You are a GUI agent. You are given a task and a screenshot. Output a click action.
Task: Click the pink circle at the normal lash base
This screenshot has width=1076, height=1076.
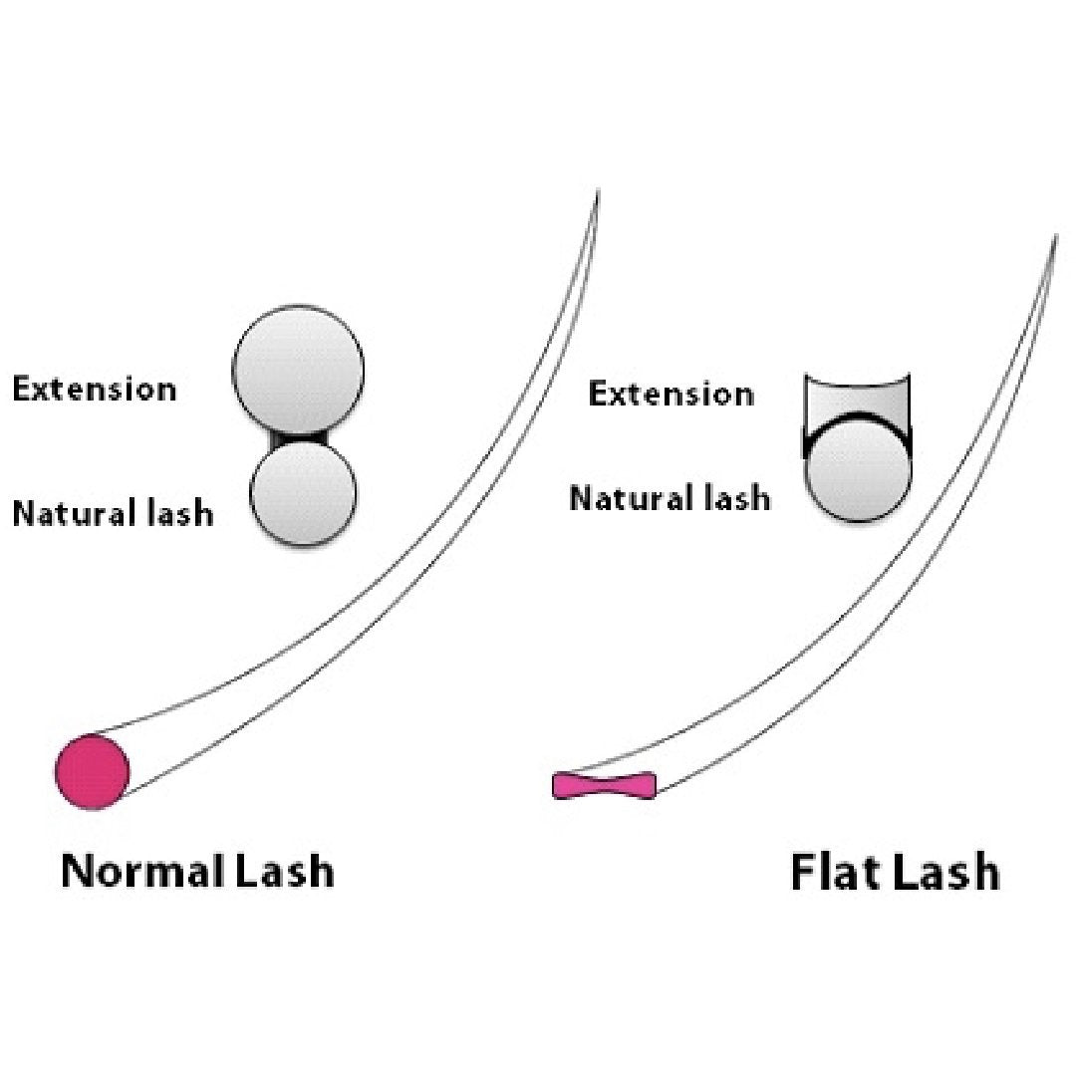click(x=92, y=771)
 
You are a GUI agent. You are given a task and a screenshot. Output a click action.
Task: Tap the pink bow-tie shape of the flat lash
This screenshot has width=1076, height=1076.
click(x=604, y=785)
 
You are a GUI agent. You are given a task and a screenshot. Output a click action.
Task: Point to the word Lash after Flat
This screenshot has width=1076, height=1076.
click(x=946, y=873)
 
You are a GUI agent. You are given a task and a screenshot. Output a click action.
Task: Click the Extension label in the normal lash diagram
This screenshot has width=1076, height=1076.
click(x=94, y=389)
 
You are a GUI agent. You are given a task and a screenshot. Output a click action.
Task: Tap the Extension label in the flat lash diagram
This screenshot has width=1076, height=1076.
click(x=671, y=394)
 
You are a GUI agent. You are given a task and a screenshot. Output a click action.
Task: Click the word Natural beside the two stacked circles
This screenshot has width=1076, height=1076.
click(x=74, y=513)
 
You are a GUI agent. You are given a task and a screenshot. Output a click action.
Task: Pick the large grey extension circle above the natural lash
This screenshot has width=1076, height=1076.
click(x=298, y=370)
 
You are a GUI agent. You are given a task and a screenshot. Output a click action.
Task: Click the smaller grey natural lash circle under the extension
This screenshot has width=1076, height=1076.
click(x=303, y=494)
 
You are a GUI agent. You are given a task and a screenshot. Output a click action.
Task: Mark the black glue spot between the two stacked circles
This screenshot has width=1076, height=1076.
click(x=299, y=436)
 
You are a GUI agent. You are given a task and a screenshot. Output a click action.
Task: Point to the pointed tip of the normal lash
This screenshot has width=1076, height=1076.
click(x=598, y=191)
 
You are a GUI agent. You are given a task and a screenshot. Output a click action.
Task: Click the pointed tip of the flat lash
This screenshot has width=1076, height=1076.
click(x=1056, y=237)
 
